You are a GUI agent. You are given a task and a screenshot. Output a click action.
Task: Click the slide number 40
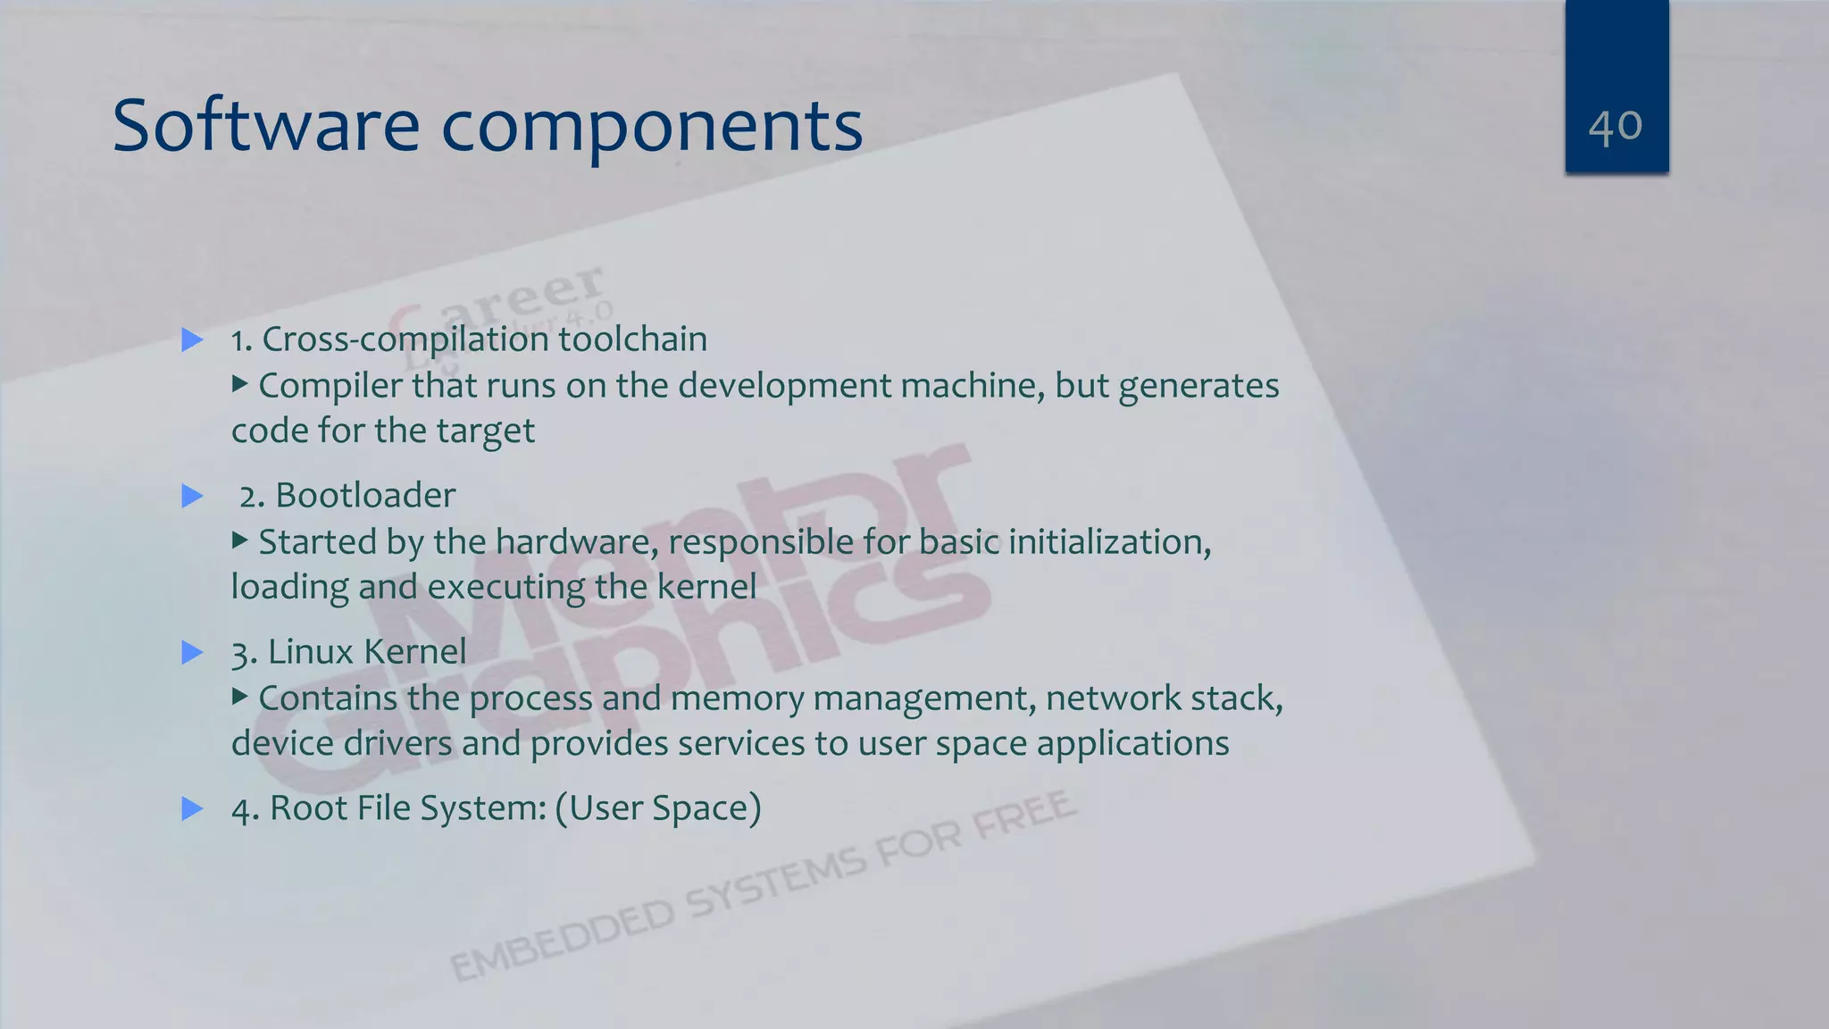[1616, 126]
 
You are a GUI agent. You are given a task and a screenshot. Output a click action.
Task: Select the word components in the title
[652, 128]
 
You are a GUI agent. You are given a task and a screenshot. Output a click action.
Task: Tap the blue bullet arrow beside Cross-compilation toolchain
[192, 339]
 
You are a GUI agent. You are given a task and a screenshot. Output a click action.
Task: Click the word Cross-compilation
[405, 340]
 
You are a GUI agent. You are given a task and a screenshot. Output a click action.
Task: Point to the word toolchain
[632, 339]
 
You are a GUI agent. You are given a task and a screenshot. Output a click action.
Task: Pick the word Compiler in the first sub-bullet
[330, 387]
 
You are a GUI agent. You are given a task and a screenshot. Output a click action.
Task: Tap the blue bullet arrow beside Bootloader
[192, 496]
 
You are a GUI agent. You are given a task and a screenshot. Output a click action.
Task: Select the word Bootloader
[365, 496]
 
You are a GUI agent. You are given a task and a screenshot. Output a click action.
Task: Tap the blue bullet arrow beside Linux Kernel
[192, 652]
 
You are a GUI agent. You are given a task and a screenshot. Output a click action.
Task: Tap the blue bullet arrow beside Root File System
[192, 809]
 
